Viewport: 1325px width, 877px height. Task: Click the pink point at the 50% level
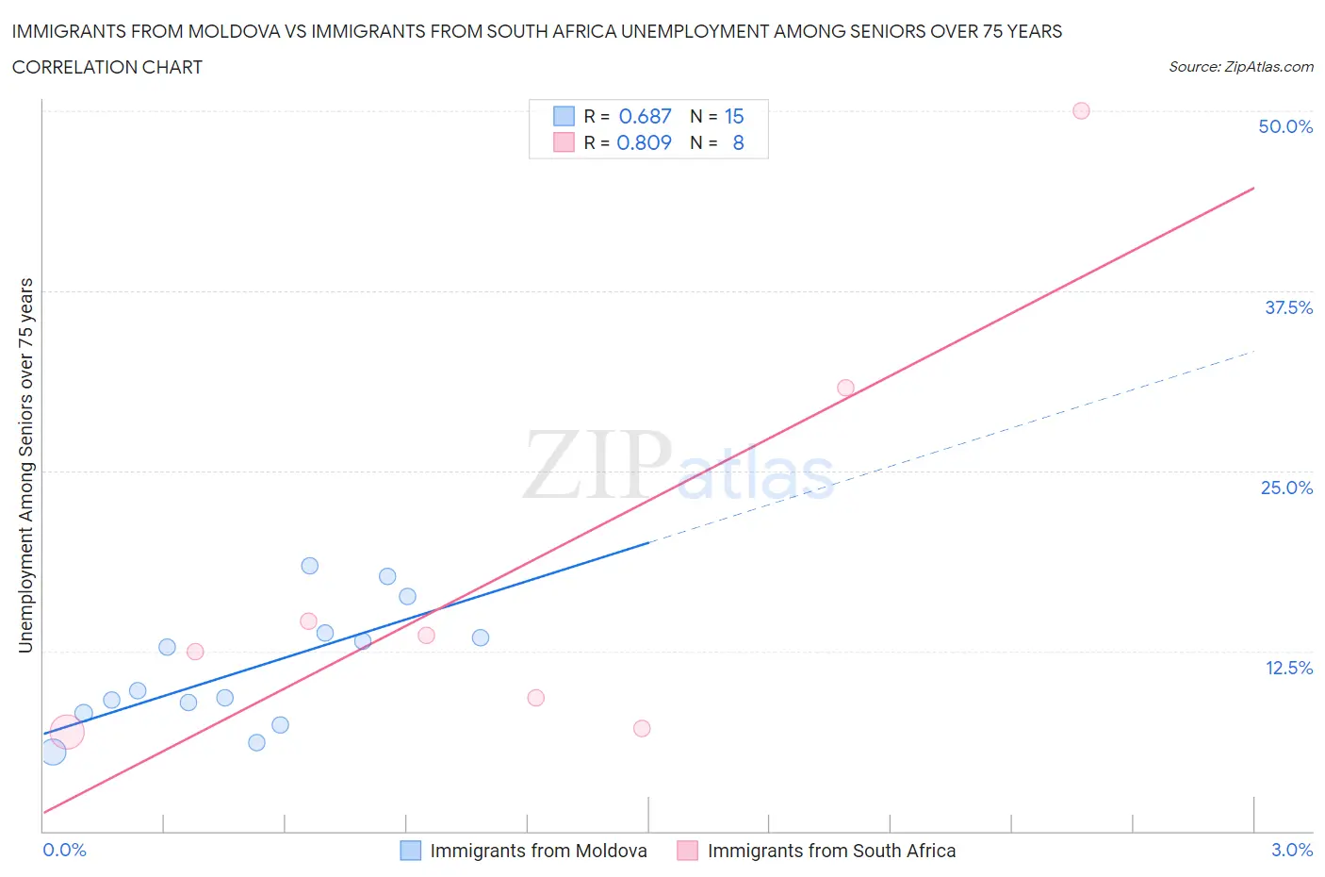pos(1081,110)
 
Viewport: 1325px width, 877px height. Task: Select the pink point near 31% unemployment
pos(845,388)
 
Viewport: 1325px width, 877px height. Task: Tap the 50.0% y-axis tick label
pos(1285,126)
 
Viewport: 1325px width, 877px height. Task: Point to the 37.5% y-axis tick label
pos(1288,307)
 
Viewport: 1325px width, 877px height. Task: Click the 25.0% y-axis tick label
pos(1286,488)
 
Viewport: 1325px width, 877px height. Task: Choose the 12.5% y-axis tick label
pos(1288,668)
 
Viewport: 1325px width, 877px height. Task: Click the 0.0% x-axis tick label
pos(65,850)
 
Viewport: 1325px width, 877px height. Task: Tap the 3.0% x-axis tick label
pos(1291,850)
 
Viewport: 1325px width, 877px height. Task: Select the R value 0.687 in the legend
pos(645,116)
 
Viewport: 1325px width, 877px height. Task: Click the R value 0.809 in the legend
pos(644,142)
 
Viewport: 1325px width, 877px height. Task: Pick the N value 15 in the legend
pos(734,116)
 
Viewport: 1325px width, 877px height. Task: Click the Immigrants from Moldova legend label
pos(538,851)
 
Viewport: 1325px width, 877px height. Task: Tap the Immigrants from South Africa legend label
pos(831,851)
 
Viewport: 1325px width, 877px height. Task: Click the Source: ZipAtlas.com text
pos(1240,66)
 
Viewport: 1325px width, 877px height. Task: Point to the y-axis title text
pos(25,465)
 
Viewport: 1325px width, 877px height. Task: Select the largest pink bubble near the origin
pos(66,732)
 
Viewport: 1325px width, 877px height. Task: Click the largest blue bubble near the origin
pos(53,752)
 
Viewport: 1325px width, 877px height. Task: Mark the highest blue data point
pos(309,566)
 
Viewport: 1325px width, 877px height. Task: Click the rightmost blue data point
pos(480,637)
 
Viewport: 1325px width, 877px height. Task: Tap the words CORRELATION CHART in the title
pos(107,67)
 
